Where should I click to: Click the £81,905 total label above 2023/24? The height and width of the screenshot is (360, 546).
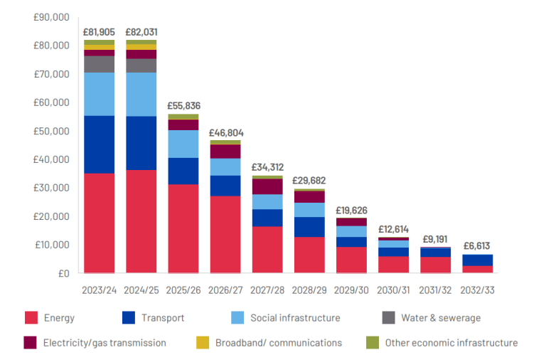(x=99, y=32)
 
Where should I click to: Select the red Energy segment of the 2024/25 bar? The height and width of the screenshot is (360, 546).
(x=141, y=221)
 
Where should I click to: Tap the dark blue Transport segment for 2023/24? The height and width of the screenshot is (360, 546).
(x=99, y=144)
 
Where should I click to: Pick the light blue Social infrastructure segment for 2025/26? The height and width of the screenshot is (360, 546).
(x=183, y=144)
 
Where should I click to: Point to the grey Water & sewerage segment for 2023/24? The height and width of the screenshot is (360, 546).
(x=99, y=64)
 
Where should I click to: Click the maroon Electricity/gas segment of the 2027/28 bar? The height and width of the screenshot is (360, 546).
(x=267, y=186)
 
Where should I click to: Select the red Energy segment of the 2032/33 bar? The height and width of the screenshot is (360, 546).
(x=477, y=269)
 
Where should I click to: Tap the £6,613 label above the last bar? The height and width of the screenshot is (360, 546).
(x=477, y=245)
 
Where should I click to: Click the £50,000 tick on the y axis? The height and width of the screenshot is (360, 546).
(x=53, y=131)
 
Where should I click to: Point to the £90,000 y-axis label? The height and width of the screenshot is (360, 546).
(x=53, y=17)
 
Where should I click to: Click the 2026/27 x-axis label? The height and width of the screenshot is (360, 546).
(x=225, y=290)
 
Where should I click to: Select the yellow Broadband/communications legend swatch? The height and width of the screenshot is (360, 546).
(x=203, y=343)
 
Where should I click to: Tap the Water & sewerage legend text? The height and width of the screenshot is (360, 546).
(x=441, y=318)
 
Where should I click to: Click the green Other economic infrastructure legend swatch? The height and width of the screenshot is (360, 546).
(x=372, y=343)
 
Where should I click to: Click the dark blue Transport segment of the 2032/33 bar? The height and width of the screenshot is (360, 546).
(x=477, y=260)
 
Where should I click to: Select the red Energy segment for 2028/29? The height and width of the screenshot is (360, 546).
(x=309, y=255)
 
